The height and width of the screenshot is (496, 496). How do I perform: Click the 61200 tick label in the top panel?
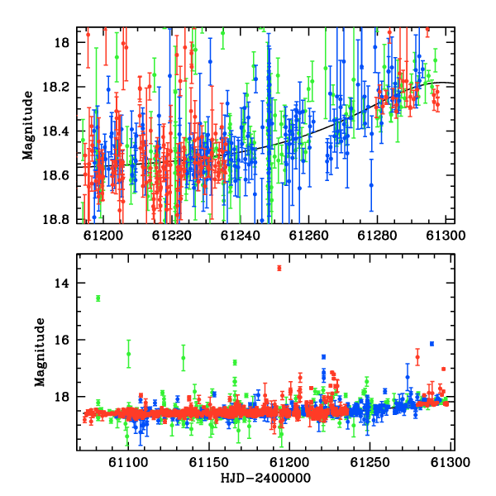click(103, 236)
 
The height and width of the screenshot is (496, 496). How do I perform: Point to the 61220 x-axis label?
click(172, 236)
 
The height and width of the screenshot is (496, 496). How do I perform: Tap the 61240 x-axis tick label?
click(241, 236)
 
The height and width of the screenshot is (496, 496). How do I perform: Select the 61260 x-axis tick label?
click(309, 236)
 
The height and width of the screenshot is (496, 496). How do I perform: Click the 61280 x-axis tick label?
click(378, 236)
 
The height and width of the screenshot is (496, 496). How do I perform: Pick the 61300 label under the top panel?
click(446, 236)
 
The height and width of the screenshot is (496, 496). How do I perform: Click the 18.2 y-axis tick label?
click(56, 87)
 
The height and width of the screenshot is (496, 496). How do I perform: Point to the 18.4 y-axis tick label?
click(56, 131)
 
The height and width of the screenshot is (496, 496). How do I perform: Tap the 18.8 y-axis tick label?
click(56, 219)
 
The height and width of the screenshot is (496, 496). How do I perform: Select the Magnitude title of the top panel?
click(28, 126)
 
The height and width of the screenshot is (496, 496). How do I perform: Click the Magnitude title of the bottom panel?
click(40, 352)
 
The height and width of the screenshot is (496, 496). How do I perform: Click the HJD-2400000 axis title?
click(265, 478)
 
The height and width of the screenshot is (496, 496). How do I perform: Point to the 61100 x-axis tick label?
click(128, 462)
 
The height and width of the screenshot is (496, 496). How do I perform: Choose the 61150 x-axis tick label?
click(209, 462)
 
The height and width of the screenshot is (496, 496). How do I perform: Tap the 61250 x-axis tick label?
click(370, 462)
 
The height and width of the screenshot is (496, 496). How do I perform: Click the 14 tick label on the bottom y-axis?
click(62, 283)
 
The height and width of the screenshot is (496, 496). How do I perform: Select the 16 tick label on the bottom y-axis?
click(62, 340)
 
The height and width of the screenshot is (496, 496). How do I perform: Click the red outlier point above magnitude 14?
click(279, 268)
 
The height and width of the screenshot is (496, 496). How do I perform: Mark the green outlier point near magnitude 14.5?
click(98, 298)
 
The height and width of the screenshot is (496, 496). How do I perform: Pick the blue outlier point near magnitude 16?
click(432, 344)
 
